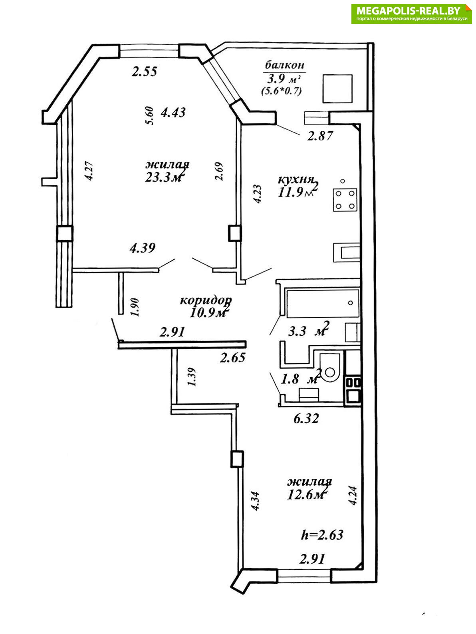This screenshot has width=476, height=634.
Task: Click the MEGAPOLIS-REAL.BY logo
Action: pos(411,14)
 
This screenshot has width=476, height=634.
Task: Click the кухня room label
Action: pos(296,180)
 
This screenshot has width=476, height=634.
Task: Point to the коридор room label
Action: pos(206,301)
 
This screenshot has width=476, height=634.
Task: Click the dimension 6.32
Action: pos(306,418)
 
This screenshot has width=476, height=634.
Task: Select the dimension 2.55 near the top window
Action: pos(144,71)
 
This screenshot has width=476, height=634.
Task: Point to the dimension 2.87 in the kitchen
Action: pos(320,136)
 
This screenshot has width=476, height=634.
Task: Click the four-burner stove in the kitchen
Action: pos(345,200)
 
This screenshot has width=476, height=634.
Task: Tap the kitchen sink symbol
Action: pos(347,253)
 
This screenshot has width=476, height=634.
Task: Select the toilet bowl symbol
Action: pos(330,368)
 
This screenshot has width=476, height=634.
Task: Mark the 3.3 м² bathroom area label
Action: pos(309,330)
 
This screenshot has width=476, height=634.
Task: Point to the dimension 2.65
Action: pos(233,357)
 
